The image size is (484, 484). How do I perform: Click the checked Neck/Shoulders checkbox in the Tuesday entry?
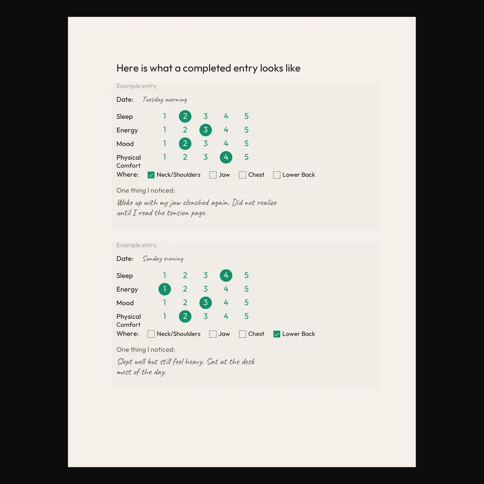click(x=151, y=175)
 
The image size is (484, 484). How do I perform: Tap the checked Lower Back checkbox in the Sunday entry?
click(x=277, y=334)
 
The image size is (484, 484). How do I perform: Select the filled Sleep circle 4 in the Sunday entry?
click(x=226, y=275)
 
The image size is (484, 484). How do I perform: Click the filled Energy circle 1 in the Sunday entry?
click(x=165, y=289)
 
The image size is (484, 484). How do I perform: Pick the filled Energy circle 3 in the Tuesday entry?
click(x=206, y=130)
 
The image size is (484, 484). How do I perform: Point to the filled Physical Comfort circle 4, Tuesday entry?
click(x=226, y=157)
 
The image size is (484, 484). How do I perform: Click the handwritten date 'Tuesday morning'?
click(x=165, y=100)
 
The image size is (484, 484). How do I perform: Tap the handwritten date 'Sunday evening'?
click(x=163, y=259)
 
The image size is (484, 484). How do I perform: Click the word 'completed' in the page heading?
click(x=207, y=68)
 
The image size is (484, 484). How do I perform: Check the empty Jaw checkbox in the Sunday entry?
click(x=213, y=334)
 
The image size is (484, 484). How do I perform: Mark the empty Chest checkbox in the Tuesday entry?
click(x=243, y=175)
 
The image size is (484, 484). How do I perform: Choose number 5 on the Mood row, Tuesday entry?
click(x=246, y=143)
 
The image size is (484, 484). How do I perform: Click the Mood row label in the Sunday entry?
click(x=125, y=303)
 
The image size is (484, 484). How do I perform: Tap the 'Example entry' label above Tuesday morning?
click(x=137, y=87)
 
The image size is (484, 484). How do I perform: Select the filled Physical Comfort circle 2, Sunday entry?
click(x=185, y=316)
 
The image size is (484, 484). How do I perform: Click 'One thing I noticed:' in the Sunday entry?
click(x=146, y=350)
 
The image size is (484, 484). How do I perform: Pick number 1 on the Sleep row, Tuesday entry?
click(x=165, y=116)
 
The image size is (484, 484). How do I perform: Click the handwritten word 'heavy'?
click(x=197, y=362)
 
